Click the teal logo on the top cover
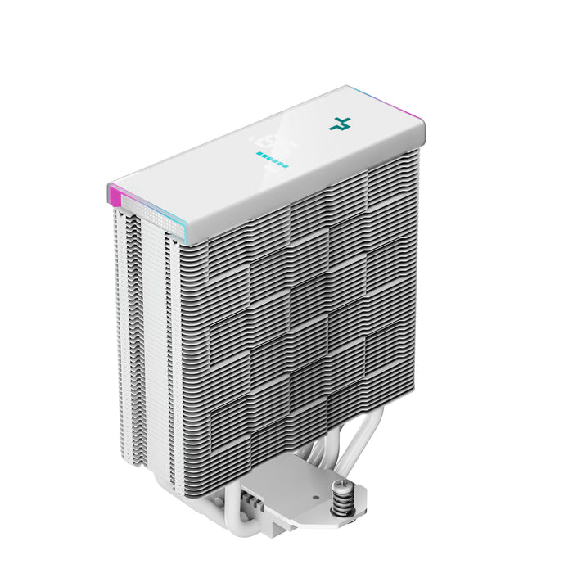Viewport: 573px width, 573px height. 339,124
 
